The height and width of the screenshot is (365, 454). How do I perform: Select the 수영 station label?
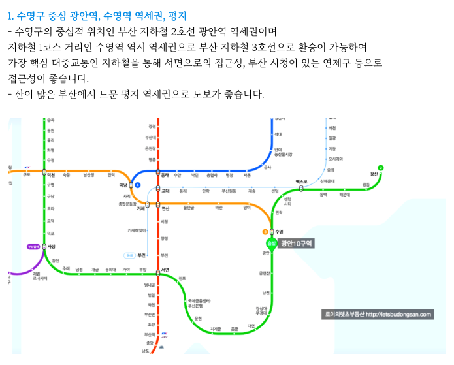click(280, 231)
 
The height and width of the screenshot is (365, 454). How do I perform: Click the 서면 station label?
click(166, 270)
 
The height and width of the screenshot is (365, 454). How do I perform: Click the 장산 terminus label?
click(374, 175)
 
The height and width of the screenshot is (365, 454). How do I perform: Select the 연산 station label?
click(166, 208)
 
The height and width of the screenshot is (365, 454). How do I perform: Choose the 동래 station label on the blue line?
click(165, 175)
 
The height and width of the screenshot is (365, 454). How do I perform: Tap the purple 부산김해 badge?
click(33, 247)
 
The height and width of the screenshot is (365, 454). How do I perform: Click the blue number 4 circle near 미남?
click(138, 185)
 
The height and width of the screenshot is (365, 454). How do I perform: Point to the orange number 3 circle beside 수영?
click(265, 231)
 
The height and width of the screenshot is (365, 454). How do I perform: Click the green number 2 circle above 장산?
click(381, 168)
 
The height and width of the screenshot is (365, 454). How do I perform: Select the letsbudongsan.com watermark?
click(378, 314)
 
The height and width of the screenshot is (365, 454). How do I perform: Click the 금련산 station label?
click(265, 272)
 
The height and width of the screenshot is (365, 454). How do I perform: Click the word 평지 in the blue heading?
click(176, 14)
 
